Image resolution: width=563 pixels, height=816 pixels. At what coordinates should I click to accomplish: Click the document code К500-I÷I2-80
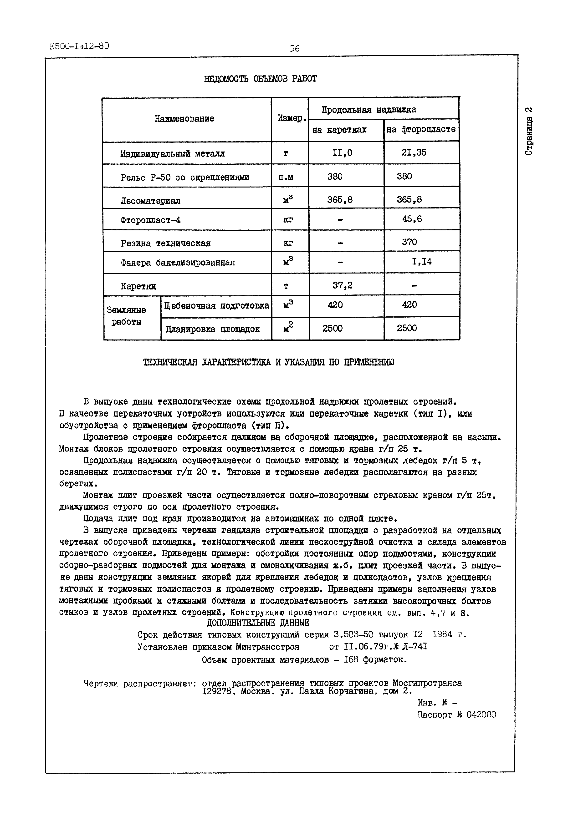(80, 46)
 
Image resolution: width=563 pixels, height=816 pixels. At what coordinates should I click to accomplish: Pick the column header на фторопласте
(421, 129)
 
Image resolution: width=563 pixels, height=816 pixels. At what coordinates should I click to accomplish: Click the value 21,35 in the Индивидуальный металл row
(414, 152)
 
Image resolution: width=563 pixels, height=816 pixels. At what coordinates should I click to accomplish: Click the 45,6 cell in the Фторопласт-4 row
(412, 219)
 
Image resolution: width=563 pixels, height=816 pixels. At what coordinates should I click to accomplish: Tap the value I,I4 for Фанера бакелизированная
(422, 262)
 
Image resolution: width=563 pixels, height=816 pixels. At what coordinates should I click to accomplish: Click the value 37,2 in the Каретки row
(342, 285)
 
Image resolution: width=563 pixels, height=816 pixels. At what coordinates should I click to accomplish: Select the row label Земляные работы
(126, 316)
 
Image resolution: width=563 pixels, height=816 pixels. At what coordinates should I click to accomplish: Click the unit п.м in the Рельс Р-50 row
(286, 177)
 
